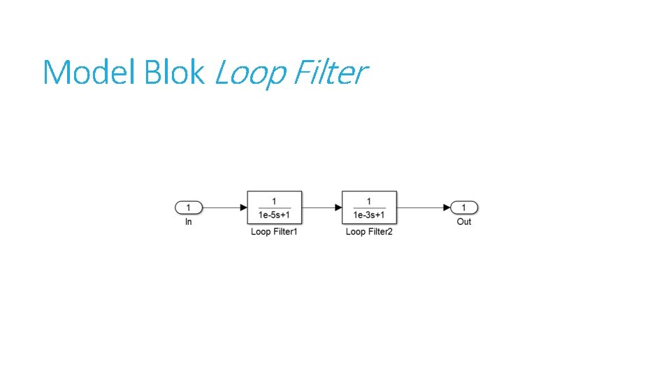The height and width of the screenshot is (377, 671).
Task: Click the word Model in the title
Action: point(89,72)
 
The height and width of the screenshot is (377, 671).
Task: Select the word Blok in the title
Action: point(174,72)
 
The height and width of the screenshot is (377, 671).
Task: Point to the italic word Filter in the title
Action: point(328,72)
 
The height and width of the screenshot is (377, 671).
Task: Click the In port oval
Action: point(189,207)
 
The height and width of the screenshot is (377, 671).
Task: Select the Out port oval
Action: point(464,207)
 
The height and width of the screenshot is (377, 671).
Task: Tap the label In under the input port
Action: point(189,222)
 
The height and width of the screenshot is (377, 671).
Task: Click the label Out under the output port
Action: point(464,222)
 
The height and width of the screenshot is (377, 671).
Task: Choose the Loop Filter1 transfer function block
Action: point(274,207)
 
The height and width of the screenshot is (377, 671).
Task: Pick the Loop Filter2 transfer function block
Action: point(369,207)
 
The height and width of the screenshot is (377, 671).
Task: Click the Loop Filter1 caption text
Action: point(274,232)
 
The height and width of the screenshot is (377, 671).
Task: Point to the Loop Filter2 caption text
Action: point(369,232)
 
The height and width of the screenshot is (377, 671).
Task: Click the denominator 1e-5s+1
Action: point(274,214)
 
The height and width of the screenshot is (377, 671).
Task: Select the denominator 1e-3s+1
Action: point(369,214)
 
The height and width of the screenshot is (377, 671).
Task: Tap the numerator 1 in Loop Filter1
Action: point(274,201)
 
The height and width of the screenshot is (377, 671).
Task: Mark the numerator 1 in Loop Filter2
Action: point(369,201)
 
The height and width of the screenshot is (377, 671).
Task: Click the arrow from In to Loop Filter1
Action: point(224,207)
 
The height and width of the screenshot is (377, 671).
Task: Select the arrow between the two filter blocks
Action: point(322,207)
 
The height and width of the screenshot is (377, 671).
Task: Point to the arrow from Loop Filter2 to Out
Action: point(422,207)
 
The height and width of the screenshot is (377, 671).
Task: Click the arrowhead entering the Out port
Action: point(447,207)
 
